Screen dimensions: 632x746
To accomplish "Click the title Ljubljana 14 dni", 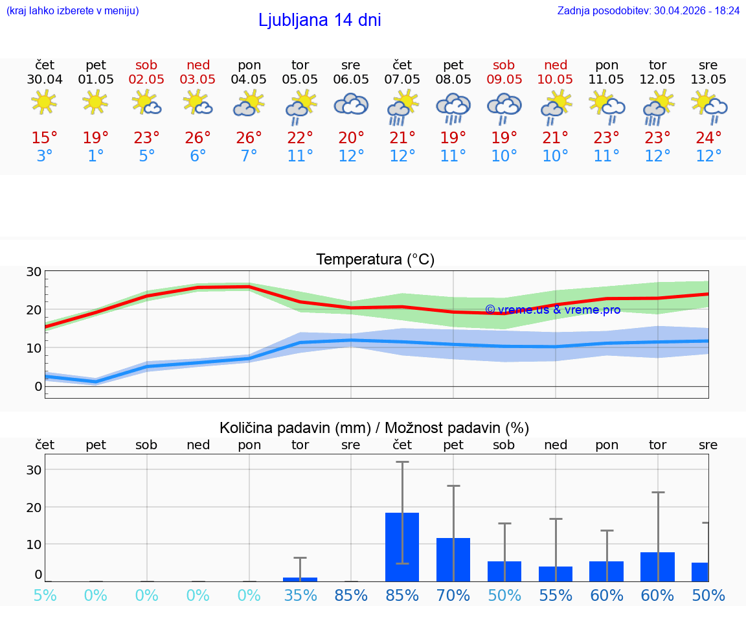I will point(319,20).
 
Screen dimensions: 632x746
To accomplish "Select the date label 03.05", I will point(198,80).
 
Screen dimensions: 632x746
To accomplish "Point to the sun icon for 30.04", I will point(44,102).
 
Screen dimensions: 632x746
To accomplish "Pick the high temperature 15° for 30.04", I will point(45,138).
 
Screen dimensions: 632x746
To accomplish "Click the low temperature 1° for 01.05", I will point(96,156).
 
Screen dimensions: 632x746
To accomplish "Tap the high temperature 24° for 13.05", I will point(708,138).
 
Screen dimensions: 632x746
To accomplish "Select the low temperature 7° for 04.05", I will point(249,156).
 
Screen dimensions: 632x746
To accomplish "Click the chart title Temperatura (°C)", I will point(375,260).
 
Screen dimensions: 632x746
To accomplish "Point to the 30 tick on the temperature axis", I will point(34,272).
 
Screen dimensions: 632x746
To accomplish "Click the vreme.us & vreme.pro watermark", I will point(552,310).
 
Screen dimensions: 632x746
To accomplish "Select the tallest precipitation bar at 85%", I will point(402,546).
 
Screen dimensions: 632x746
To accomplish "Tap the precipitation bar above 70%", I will point(453,559).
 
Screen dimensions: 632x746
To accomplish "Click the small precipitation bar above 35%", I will point(300,579).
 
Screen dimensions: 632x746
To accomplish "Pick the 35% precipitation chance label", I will point(300,595).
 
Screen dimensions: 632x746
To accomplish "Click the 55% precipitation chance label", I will point(555,595).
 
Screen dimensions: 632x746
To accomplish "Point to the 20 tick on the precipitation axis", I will point(34,507).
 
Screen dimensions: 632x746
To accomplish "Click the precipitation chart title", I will point(374,428).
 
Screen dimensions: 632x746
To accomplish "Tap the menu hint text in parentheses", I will point(73,11).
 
